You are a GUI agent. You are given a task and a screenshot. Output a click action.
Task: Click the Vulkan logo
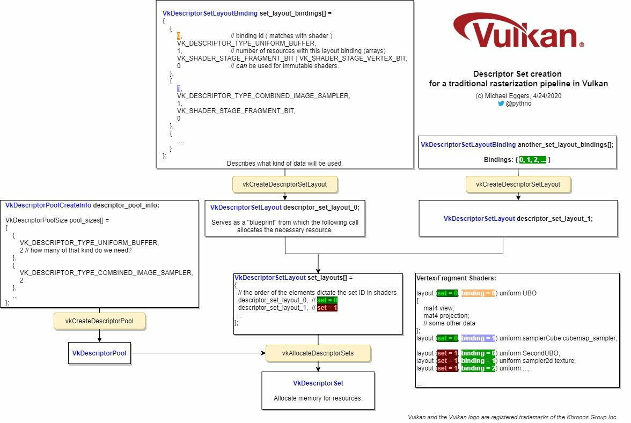(x=518, y=31)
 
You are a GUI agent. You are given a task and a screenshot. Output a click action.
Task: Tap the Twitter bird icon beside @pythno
(x=501, y=103)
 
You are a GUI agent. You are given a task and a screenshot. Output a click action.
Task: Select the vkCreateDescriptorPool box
(x=99, y=321)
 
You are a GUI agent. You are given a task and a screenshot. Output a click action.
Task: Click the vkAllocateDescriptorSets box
(x=318, y=353)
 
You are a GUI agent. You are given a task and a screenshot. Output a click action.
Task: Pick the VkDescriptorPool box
(x=99, y=353)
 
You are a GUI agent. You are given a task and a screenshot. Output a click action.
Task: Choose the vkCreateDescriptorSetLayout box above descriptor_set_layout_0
(x=284, y=184)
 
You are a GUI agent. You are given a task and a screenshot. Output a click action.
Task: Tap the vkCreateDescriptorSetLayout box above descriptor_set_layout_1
(x=518, y=184)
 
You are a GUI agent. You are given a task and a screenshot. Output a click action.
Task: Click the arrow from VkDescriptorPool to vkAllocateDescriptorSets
(x=198, y=353)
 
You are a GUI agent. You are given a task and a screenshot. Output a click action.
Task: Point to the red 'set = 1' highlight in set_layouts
(x=327, y=308)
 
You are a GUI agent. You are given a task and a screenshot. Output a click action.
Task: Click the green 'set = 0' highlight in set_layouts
(x=327, y=300)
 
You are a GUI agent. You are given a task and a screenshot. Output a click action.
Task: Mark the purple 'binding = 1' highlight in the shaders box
(x=479, y=338)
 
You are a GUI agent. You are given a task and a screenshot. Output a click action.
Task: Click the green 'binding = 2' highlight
(x=479, y=368)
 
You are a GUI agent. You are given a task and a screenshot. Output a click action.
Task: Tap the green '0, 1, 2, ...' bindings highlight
(x=533, y=160)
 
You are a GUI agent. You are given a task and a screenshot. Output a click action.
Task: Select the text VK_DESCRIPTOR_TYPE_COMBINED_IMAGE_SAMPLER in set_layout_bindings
(x=263, y=95)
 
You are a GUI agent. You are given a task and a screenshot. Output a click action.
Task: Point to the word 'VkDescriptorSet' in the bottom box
(x=318, y=383)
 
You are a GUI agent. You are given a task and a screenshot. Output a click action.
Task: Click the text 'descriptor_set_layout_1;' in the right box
(x=555, y=219)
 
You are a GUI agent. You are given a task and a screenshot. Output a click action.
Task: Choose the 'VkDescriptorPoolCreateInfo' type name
(x=48, y=205)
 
